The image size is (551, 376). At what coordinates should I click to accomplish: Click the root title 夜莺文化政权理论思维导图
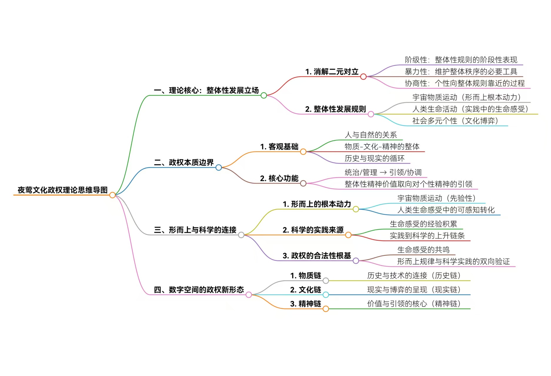(x=63, y=190)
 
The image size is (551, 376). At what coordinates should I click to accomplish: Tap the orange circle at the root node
(x=112, y=195)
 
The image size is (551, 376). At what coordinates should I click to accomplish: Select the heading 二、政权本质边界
(x=184, y=162)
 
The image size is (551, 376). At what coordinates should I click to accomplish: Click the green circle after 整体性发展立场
(x=264, y=95)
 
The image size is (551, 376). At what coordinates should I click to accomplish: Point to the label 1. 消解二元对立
(x=332, y=72)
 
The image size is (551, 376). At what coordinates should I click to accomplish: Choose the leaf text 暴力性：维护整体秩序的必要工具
(x=461, y=71)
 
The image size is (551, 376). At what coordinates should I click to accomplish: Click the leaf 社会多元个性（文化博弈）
(x=455, y=121)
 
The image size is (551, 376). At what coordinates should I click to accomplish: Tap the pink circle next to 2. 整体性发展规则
(x=371, y=114)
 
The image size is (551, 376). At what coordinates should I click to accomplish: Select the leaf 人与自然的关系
(x=370, y=135)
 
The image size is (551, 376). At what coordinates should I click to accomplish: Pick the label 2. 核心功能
(x=279, y=178)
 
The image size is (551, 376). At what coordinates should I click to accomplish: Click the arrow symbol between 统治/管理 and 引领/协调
(x=383, y=173)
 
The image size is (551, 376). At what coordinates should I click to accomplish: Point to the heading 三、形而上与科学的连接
(x=195, y=230)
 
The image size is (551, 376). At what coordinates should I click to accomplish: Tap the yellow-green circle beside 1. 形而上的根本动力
(x=356, y=209)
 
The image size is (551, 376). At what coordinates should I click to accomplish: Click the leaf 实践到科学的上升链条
(x=427, y=236)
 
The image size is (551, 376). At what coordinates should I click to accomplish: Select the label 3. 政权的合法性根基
(x=317, y=256)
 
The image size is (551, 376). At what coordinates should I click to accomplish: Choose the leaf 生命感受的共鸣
(x=423, y=250)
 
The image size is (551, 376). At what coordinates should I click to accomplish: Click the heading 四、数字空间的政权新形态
(x=199, y=290)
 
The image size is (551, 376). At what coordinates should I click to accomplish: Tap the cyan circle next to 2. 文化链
(x=326, y=295)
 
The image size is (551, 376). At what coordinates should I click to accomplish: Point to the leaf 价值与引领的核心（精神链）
(x=414, y=304)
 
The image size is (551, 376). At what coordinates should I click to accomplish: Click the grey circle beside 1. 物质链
(x=326, y=281)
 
